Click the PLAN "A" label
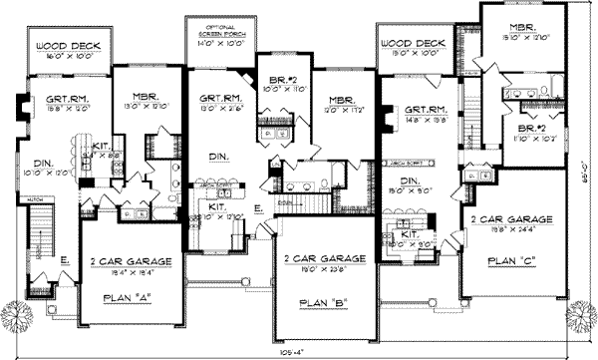pyautogui.click(x=127, y=298)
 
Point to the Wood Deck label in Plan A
pyautogui.click(x=59, y=46)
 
